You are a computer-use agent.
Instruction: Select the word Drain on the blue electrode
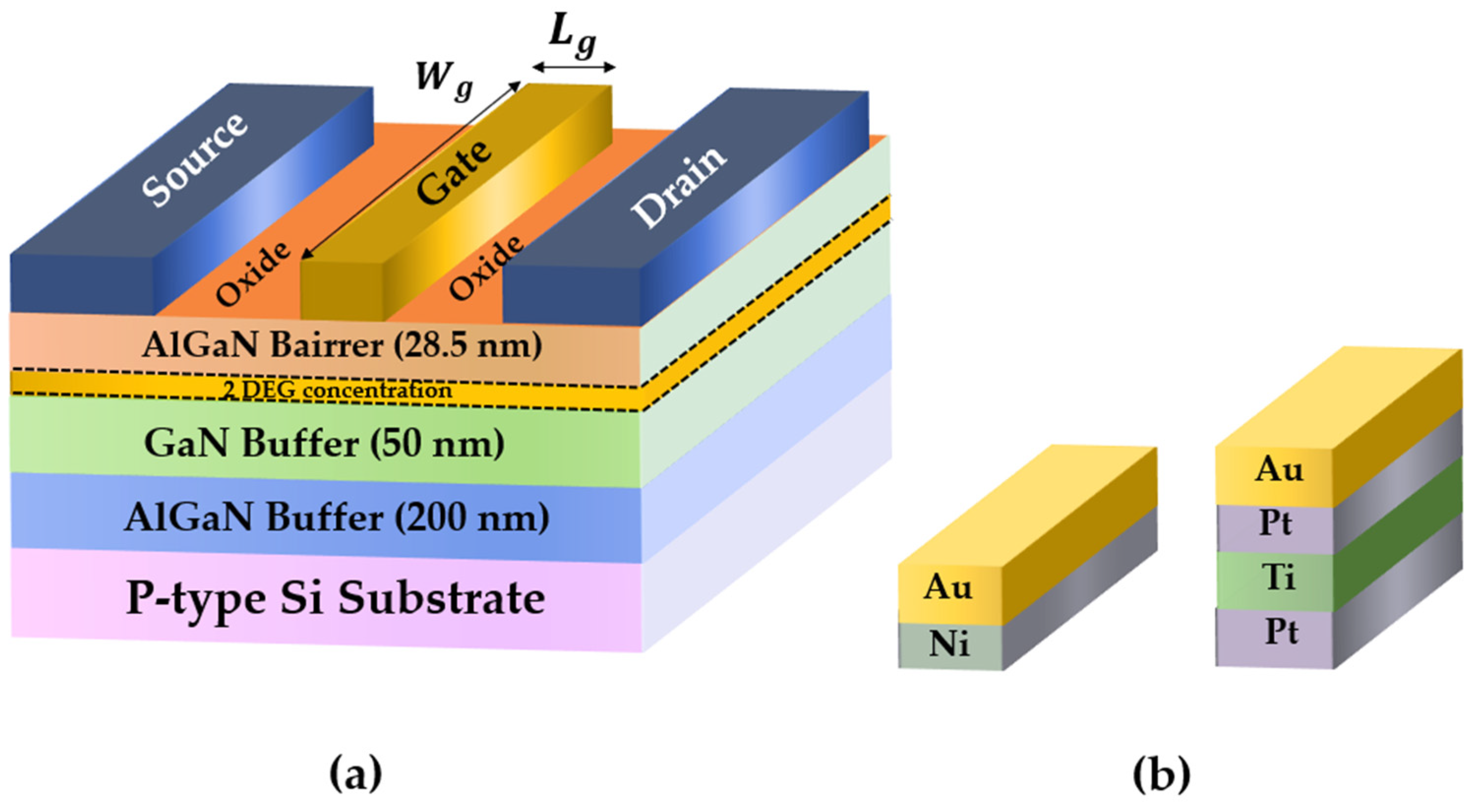click(x=679, y=186)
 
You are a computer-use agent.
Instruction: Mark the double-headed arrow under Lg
click(x=574, y=67)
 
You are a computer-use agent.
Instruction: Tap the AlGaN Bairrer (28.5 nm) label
click(x=342, y=345)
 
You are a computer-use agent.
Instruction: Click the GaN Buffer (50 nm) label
click(x=324, y=443)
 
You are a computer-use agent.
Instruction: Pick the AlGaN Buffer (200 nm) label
click(x=337, y=518)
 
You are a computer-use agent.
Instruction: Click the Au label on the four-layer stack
click(x=1279, y=469)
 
